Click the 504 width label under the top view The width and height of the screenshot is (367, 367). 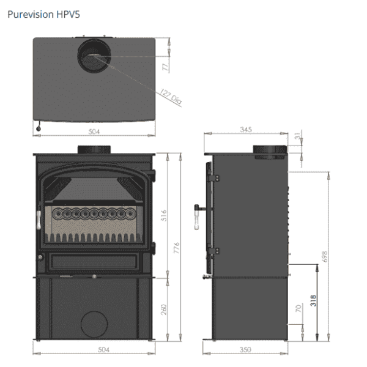click(x=94, y=131)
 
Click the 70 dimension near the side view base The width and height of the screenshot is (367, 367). click(x=298, y=310)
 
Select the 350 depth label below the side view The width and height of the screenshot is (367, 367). click(x=245, y=350)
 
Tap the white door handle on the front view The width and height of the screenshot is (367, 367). click(x=39, y=218)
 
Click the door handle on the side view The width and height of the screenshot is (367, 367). click(x=199, y=214)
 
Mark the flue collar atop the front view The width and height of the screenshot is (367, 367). click(x=94, y=150)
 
